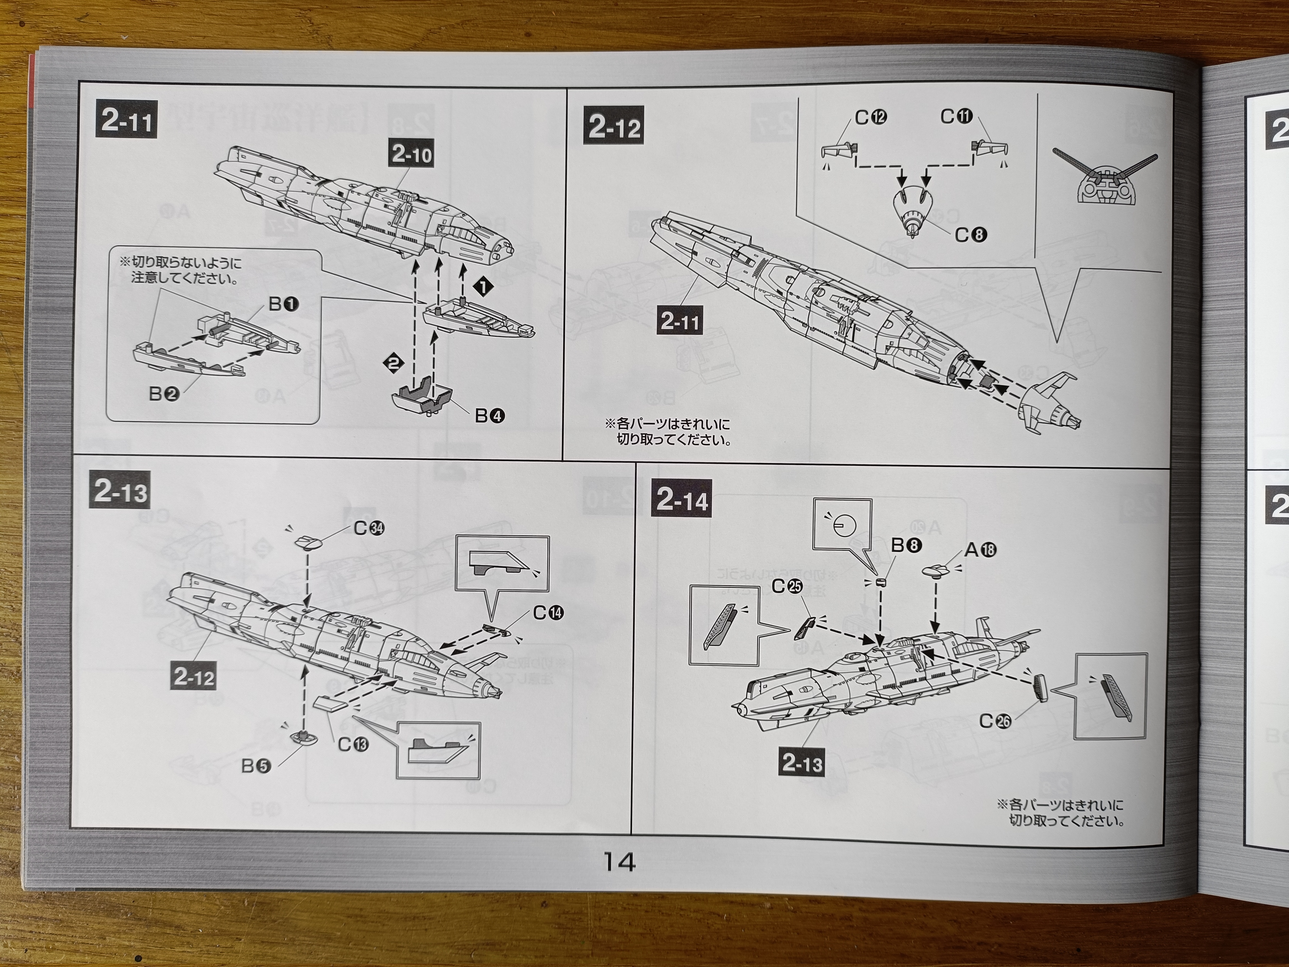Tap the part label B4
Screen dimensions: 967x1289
490,415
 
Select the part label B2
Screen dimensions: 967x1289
164,394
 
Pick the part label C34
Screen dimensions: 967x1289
369,528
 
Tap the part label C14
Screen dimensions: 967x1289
548,613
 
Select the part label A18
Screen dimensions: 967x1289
981,550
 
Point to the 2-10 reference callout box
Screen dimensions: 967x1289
411,154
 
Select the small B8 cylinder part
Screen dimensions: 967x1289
881,582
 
